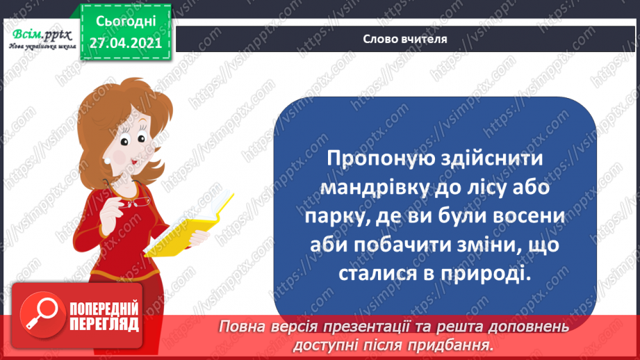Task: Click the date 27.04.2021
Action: point(125,41)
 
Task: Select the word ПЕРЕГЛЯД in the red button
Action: point(104,325)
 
